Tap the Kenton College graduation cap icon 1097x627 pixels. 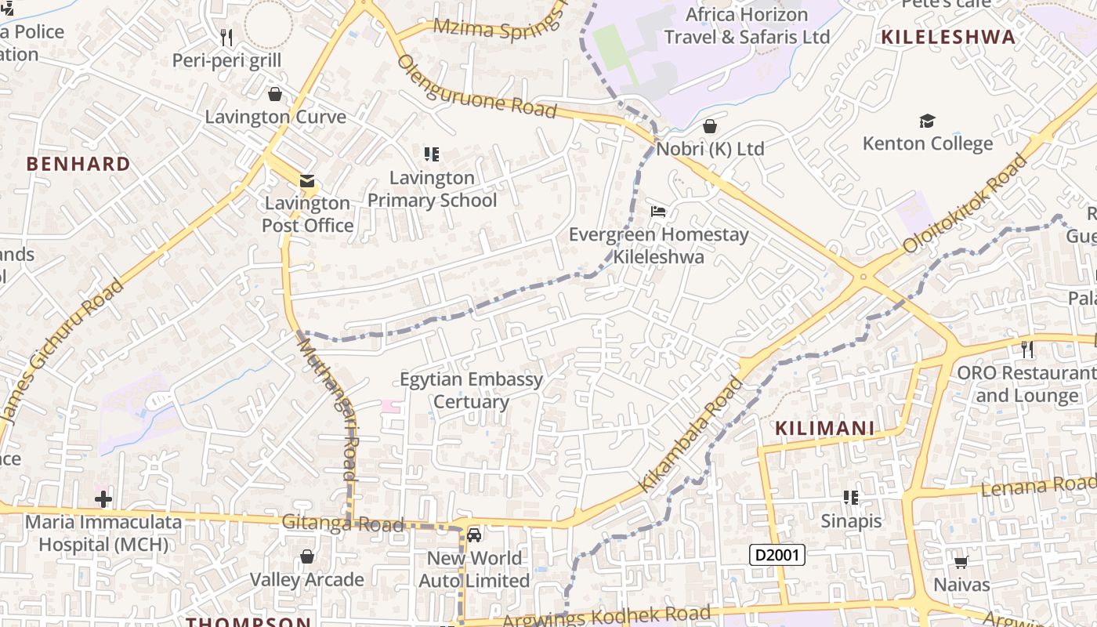(x=927, y=121)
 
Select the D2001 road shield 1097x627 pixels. (x=777, y=555)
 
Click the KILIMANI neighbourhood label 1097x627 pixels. (x=824, y=428)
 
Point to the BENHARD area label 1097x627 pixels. (x=78, y=164)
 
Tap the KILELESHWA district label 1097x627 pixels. (x=948, y=37)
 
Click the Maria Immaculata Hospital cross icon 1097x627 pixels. (x=103, y=499)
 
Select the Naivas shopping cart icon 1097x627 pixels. (x=961, y=562)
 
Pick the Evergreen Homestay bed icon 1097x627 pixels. (x=658, y=212)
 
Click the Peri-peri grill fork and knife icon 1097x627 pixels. (x=226, y=37)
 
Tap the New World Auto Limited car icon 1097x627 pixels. (x=473, y=535)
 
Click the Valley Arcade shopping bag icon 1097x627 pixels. (x=307, y=556)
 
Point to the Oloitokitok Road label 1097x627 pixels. (x=965, y=204)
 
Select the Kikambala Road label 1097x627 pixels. (x=691, y=434)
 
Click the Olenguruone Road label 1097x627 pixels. (x=477, y=86)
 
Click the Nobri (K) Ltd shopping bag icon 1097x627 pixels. (x=710, y=126)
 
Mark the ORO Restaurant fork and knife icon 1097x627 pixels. (x=1026, y=349)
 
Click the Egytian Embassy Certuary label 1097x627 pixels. (x=471, y=390)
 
